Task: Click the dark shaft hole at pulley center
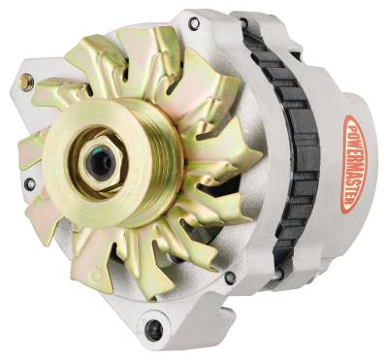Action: tap(98, 161)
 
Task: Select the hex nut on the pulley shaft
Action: tap(99, 161)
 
